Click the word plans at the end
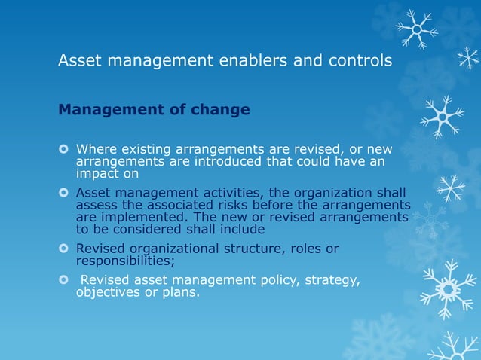click(182, 293)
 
